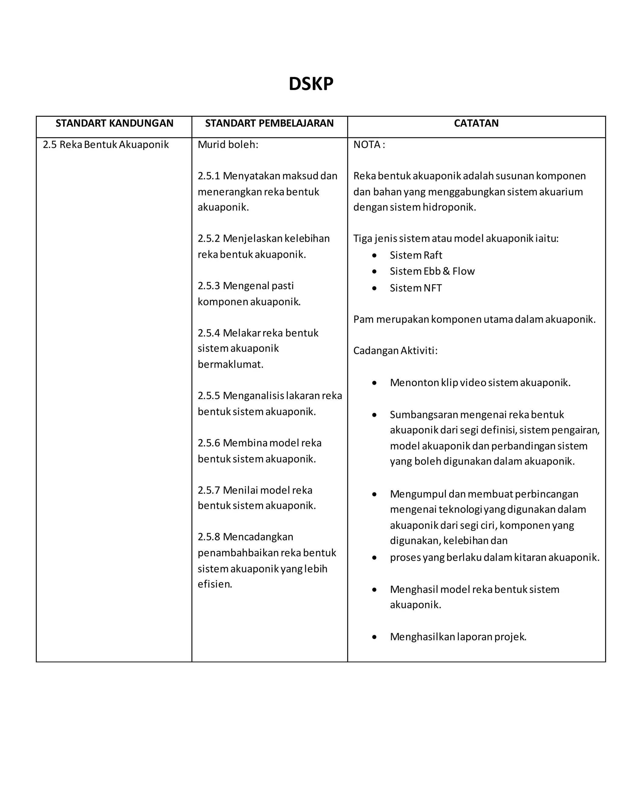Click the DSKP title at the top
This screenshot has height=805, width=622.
tap(311, 84)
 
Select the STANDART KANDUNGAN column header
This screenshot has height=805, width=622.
tap(114, 123)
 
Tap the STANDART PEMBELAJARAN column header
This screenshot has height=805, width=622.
tap(269, 123)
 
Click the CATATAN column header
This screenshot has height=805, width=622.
tap(476, 123)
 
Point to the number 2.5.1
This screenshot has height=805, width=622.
tap(209, 176)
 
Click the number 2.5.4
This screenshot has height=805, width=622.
tap(209, 333)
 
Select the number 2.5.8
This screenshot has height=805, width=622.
tap(209, 537)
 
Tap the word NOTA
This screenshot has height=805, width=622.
tap(367, 145)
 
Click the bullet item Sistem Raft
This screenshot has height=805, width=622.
tap(416, 255)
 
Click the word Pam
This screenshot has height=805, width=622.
tap(363, 319)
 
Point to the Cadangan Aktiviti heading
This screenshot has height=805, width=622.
tap(395, 351)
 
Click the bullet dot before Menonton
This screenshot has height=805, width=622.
tap(374, 383)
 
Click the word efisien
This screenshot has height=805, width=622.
tap(214, 584)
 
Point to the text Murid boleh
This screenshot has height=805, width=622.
tap(228, 145)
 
